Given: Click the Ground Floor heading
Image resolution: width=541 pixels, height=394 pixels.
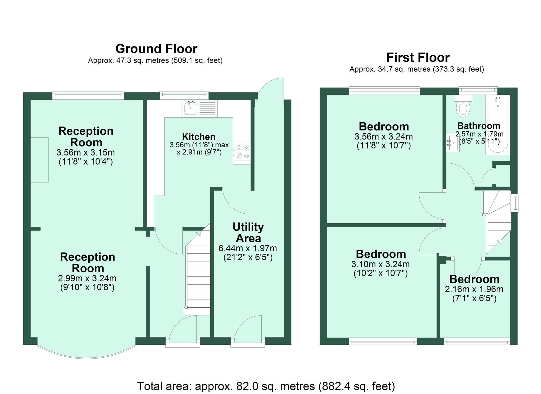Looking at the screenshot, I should [156, 49].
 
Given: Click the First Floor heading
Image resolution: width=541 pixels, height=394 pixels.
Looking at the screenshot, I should [418, 58].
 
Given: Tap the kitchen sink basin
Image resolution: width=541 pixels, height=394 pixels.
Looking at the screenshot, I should [190, 108].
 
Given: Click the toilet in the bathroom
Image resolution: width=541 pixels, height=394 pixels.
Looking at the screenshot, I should [463, 109].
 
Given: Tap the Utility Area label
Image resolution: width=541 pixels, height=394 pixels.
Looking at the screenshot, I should [248, 233].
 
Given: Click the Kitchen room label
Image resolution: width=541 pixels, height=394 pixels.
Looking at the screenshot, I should [199, 137].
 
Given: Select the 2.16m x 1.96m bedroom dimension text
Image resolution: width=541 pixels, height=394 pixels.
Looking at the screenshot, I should [474, 289].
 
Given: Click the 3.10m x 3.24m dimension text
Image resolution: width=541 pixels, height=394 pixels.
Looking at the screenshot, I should [380, 264].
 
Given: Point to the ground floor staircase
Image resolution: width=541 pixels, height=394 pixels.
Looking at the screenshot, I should [198, 276].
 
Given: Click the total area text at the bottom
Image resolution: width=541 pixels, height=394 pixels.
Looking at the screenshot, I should [266, 386].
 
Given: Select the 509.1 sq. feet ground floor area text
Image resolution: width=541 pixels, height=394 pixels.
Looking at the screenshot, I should [197, 60].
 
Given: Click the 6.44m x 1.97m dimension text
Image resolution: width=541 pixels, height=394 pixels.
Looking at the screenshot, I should [248, 248].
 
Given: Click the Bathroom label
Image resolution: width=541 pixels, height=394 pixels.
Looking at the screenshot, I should [479, 126].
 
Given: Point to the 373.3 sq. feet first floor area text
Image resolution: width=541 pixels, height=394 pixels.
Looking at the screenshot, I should [458, 69].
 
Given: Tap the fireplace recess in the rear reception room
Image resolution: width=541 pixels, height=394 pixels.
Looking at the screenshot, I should [39, 160].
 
